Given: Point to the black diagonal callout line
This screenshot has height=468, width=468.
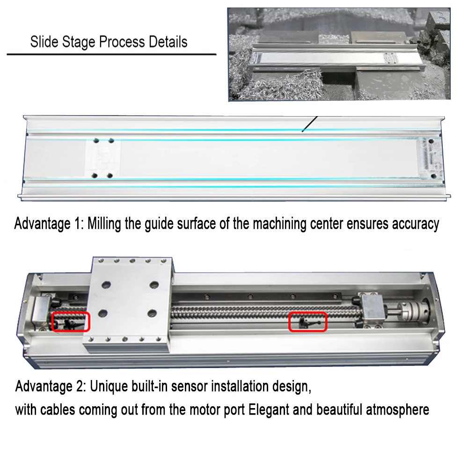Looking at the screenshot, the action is coord(310,124).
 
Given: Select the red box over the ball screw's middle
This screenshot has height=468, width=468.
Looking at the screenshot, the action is coord(307,322).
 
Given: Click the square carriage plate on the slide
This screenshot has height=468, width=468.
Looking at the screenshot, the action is coord(128,304).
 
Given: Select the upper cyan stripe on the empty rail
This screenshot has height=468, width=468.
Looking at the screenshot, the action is coord(187,131).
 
